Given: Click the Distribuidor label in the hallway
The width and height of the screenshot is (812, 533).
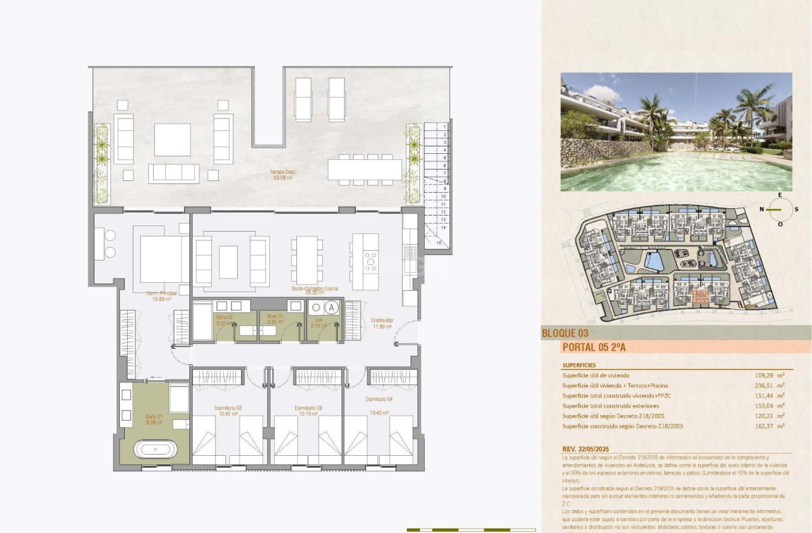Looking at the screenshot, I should pos(382,320).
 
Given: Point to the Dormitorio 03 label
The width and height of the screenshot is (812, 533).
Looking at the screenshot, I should pos(308,408).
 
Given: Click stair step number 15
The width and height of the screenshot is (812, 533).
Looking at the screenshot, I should pos(438,243).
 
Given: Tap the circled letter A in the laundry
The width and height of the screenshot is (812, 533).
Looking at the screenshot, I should pos(332,307).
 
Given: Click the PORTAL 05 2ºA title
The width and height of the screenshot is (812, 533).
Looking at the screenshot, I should pos(594,348).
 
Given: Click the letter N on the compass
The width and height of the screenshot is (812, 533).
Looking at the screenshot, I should pos(762,209).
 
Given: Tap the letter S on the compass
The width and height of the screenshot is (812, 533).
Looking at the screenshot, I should pos(797,209).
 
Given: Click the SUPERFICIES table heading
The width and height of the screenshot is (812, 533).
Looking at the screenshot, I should pos(579,365).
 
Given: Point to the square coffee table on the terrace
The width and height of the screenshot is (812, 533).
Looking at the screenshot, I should pos(172,140).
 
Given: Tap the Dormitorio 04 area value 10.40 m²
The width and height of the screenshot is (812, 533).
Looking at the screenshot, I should pos(379,413).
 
